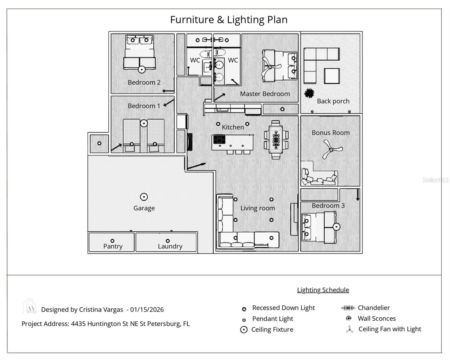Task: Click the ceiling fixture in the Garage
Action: click(144, 197)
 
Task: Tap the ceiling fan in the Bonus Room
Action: click(331, 150)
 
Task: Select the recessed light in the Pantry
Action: click(112, 241)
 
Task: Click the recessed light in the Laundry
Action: click(168, 241)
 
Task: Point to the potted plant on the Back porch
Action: click(309, 93)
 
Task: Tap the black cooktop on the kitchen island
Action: click(219, 139)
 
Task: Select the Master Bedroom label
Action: click(265, 94)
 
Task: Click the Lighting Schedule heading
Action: click(323, 290)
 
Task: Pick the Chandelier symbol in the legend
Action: click(348, 308)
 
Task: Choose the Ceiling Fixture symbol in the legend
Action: click(244, 330)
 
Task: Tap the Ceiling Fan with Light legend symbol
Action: click(349, 330)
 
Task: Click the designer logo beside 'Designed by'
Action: click(30, 307)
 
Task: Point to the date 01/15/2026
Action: click(147, 310)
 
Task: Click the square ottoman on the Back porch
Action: click(332, 76)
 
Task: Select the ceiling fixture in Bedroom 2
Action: click(142, 69)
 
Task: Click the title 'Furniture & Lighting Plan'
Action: click(229, 19)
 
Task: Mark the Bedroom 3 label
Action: click(328, 205)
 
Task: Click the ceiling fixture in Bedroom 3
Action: click(337, 227)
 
